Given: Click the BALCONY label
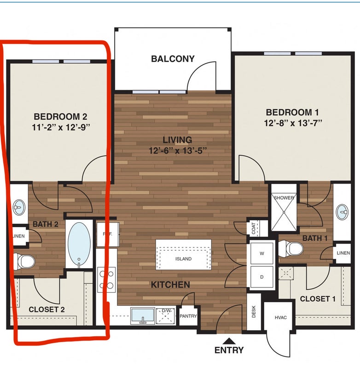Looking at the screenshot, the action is pos(173,59).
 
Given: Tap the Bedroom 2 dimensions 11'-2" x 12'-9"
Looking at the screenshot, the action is pos(61,127).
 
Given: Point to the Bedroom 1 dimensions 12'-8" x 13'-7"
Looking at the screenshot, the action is pos(293,123).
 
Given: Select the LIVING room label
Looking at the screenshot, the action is pos(178,140).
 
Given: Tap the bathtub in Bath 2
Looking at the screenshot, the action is pos(79,244).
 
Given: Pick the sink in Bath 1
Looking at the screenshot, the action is pos(342,212).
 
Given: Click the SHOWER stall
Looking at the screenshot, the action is pos(284,212).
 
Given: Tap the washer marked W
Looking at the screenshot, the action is pos(262,253).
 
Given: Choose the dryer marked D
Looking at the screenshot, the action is pos(262,277).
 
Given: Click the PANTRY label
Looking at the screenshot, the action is pos(188,316).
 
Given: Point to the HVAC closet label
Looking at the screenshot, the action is pos(281,317).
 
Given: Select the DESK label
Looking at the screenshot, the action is pos(254,312).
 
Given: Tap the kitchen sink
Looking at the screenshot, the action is pos(143,316).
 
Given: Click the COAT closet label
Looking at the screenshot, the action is pos(254,228).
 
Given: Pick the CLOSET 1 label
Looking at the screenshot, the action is pos(318,299).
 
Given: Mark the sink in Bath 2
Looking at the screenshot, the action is pos(19,207).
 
